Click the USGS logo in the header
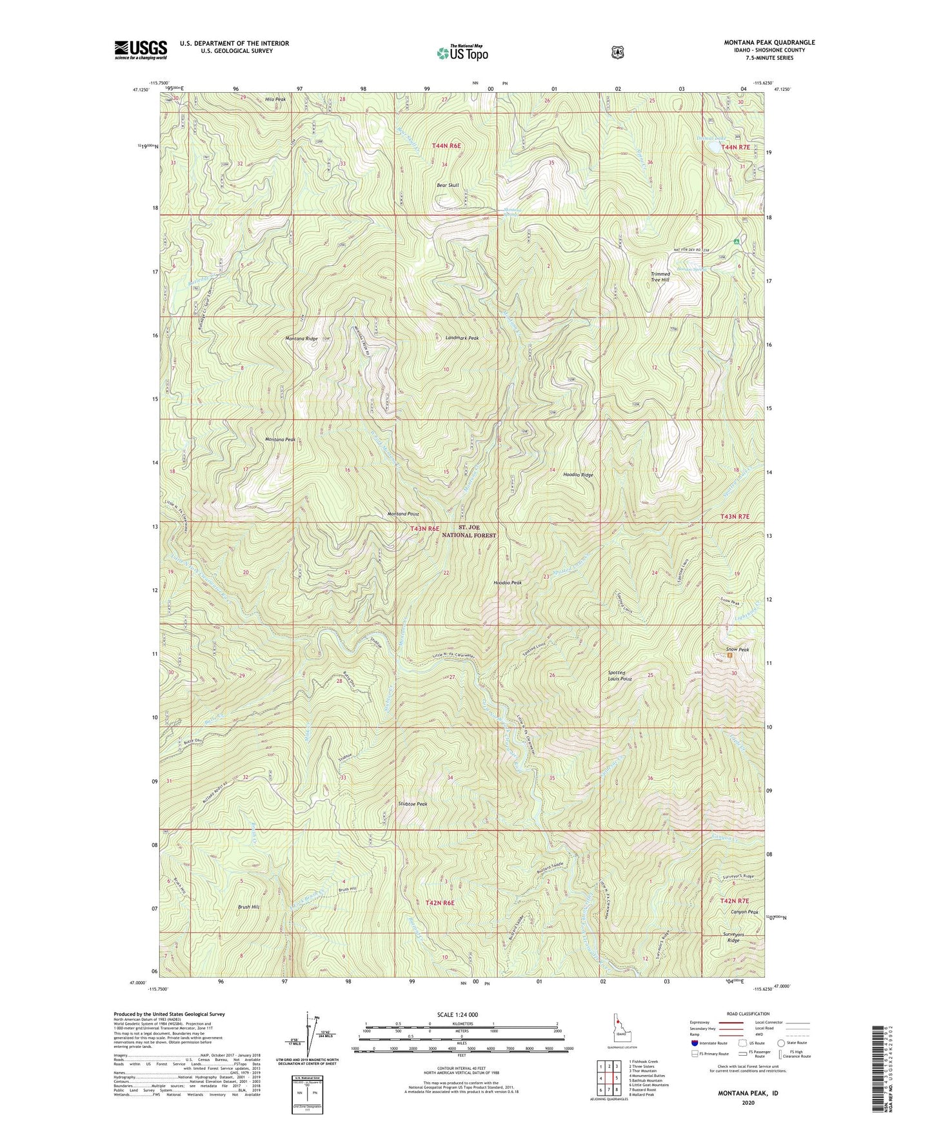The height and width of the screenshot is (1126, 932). [x=141, y=50]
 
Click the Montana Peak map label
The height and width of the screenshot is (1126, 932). [x=280, y=440]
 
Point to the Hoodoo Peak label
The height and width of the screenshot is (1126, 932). [x=508, y=582]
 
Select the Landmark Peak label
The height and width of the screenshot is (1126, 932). [x=462, y=338]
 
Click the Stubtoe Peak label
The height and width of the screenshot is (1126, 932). [x=413, y=804]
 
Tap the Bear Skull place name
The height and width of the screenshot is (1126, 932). [x=448, y=185]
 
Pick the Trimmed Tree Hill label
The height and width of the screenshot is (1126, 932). [x=660, y=277]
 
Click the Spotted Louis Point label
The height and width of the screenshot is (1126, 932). [x=620, y=676]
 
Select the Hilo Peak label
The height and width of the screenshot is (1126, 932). [x=275, y=100]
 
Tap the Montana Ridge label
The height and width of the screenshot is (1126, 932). [x=302, y=339]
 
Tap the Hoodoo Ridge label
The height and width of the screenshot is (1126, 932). [x=578, y=475]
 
